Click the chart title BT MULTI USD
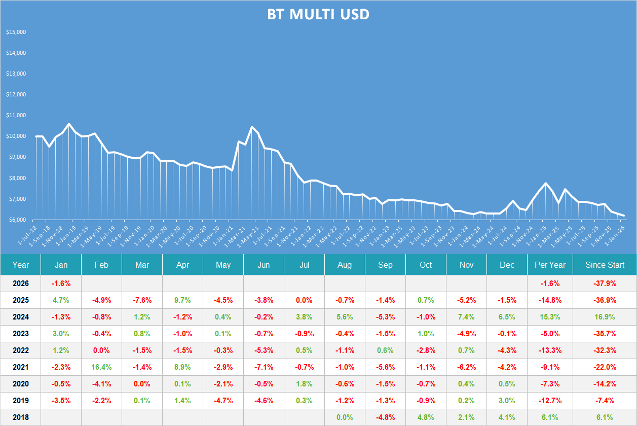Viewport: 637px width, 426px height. click(x=318, y=15)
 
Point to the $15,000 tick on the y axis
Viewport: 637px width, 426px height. click(x=16, y=32)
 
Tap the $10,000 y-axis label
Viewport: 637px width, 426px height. click(x=16, y=136)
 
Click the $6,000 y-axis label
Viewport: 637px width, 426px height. click(x=16, y=220)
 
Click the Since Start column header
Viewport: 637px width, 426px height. click(x=605, y=265)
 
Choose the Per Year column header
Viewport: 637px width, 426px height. click(x=550, y=265)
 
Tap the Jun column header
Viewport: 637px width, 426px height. click(x=264, y=265)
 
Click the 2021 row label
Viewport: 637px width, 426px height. click(x=21, y=367)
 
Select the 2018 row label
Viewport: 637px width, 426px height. click(x=21, y=417)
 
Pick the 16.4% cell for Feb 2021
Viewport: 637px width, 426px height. click(x=101, y=367)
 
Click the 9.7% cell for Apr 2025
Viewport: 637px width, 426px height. click(x=182, y=300)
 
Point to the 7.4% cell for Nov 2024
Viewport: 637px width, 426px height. click(x=466, y=316)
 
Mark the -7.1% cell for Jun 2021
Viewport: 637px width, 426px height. click(x=264, y=367)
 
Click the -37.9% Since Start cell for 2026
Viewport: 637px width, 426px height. click(x=605, y=283)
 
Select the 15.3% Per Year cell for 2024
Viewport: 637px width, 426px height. click(x=550, y=316)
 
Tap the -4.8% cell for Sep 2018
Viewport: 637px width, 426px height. click(x=385, y=417)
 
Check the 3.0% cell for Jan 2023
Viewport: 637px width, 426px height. click(x=61, y=333)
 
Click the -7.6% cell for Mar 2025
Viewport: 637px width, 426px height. click(x=142, y=300)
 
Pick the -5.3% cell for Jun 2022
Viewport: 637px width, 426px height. click(x=264, y=350)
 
